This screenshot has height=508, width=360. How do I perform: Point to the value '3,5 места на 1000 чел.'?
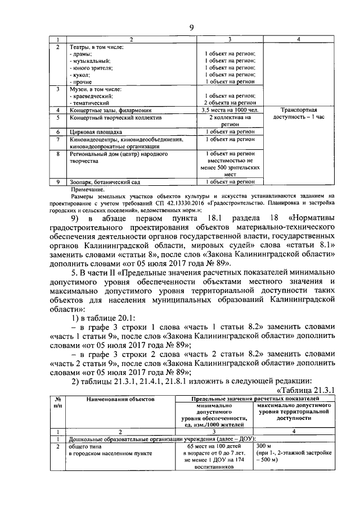tap(230, 111)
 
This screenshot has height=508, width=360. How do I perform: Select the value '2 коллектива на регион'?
tap(230, 122)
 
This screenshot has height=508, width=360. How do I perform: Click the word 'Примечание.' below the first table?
tap(84, 190)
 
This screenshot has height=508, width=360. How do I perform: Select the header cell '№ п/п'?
tap(56, 401)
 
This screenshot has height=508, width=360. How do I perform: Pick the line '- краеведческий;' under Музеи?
tap(92, 96)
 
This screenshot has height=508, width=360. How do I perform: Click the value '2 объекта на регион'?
tap(230, 103)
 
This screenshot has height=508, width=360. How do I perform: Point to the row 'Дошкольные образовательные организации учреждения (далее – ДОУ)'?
tap(162, 438)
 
